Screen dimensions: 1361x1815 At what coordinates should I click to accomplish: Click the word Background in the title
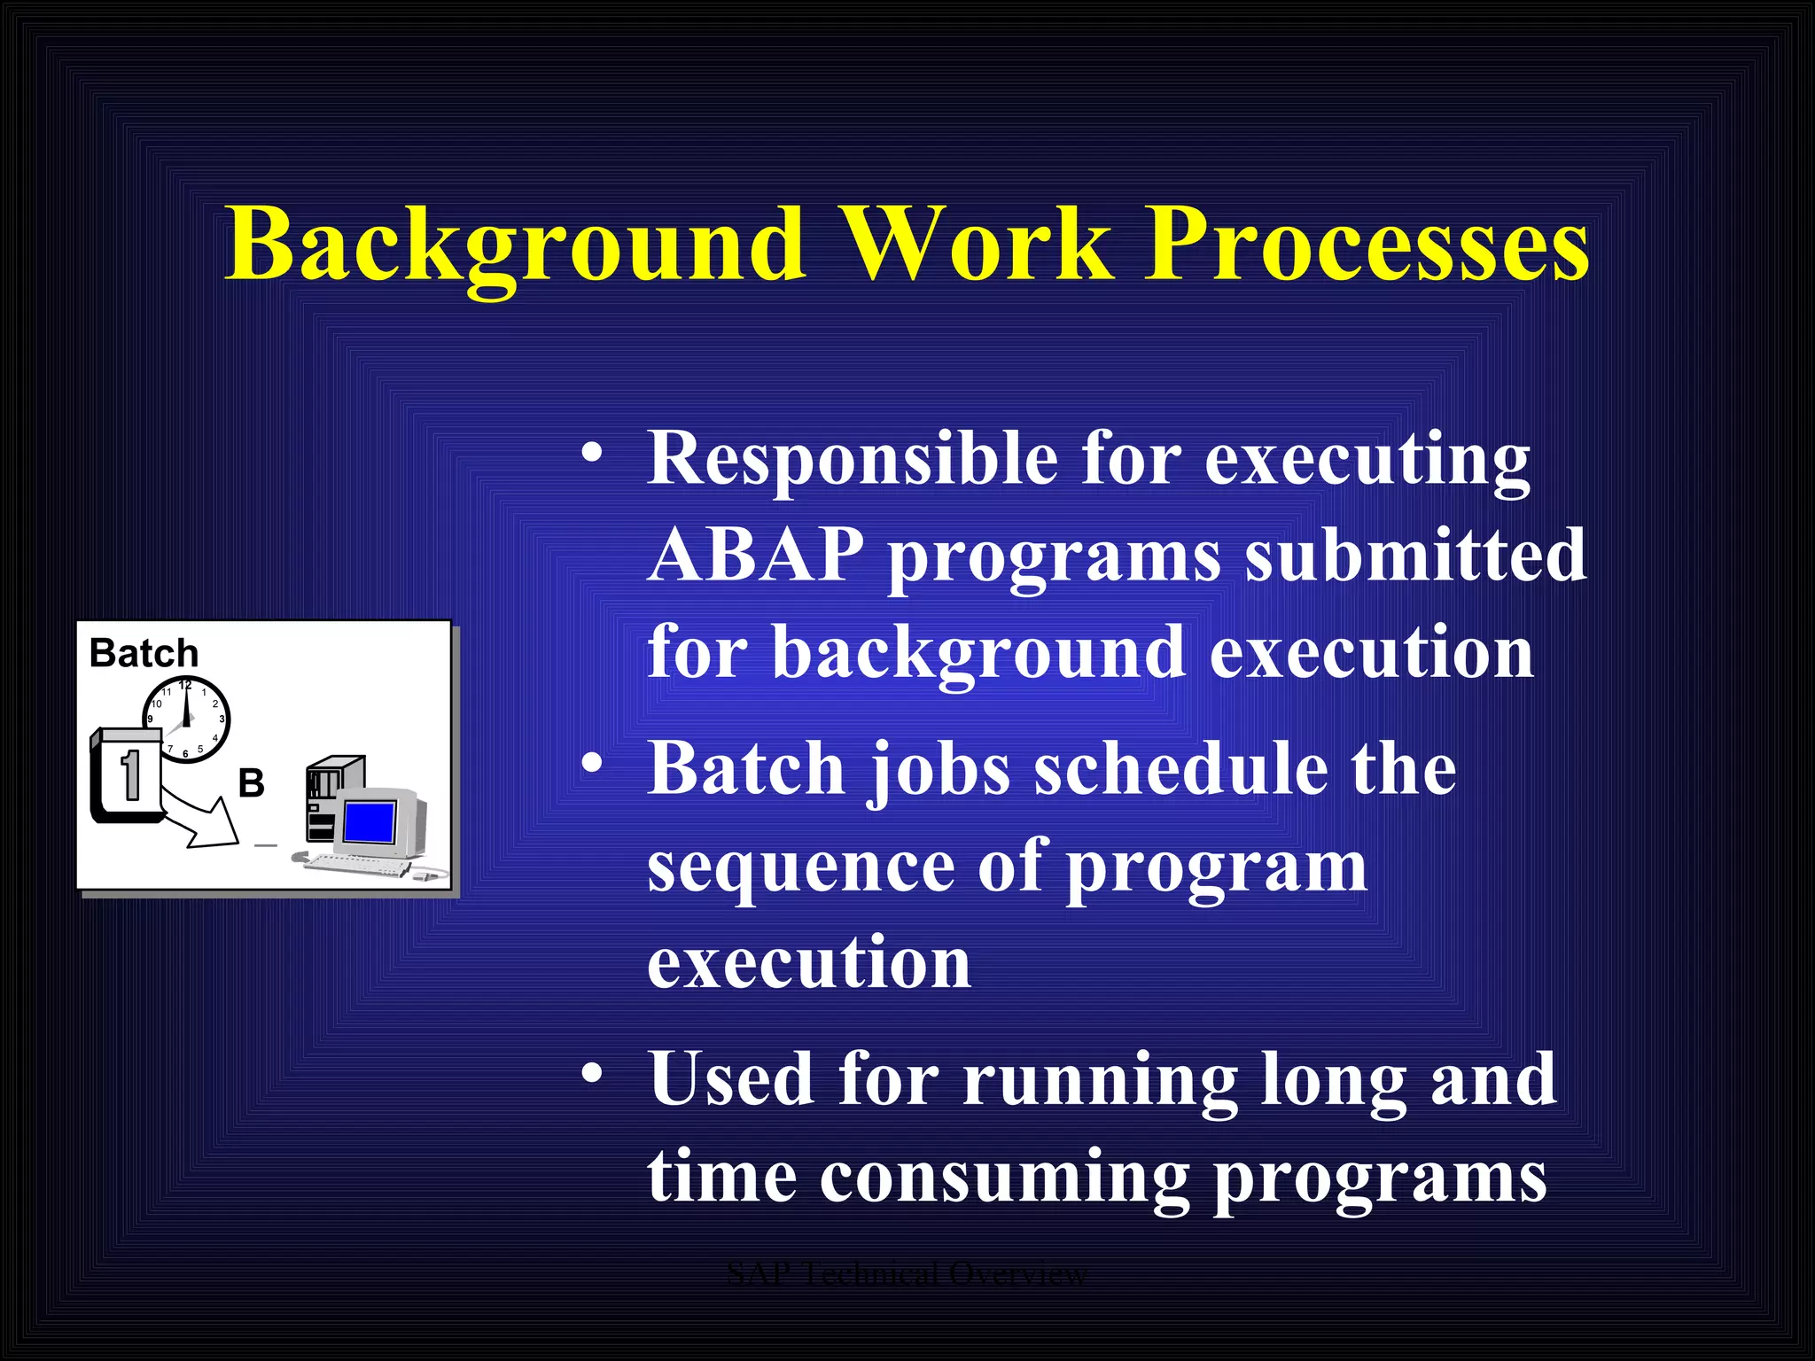click(x=514, y=244)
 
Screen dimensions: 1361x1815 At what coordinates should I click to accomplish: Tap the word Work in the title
click(x=975, y=244)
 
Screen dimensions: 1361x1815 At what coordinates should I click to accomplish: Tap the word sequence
click(x=801, y=868)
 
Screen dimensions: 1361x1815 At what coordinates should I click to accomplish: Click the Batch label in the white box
click(x=144, y=654)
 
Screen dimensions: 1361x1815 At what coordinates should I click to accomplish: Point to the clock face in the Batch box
click(x=187, y=719)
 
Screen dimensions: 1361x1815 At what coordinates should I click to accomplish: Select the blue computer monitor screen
click(x=369, y=821)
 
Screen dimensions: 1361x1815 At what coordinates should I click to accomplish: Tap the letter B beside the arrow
click(x=251, y=783)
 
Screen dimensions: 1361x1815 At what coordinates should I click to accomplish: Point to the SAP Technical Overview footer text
click(x=906, y=1274)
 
